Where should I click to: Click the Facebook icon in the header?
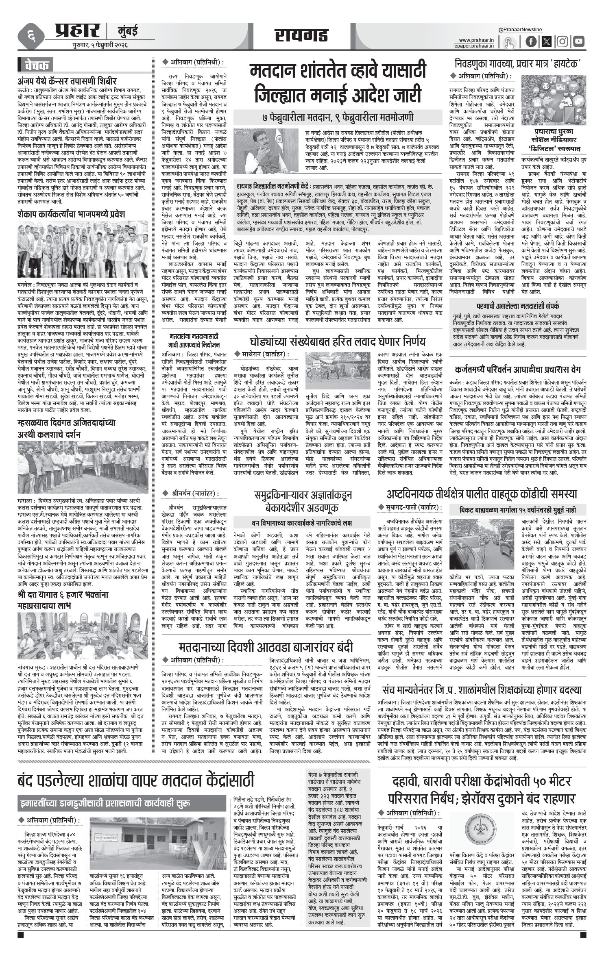[531, 41]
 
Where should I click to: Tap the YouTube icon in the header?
[578, 41]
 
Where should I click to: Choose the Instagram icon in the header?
[563, 41]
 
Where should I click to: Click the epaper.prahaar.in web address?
[475, 46]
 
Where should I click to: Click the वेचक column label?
[37, 65]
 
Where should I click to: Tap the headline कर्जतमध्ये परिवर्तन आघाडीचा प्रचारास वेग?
[515, 370]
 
